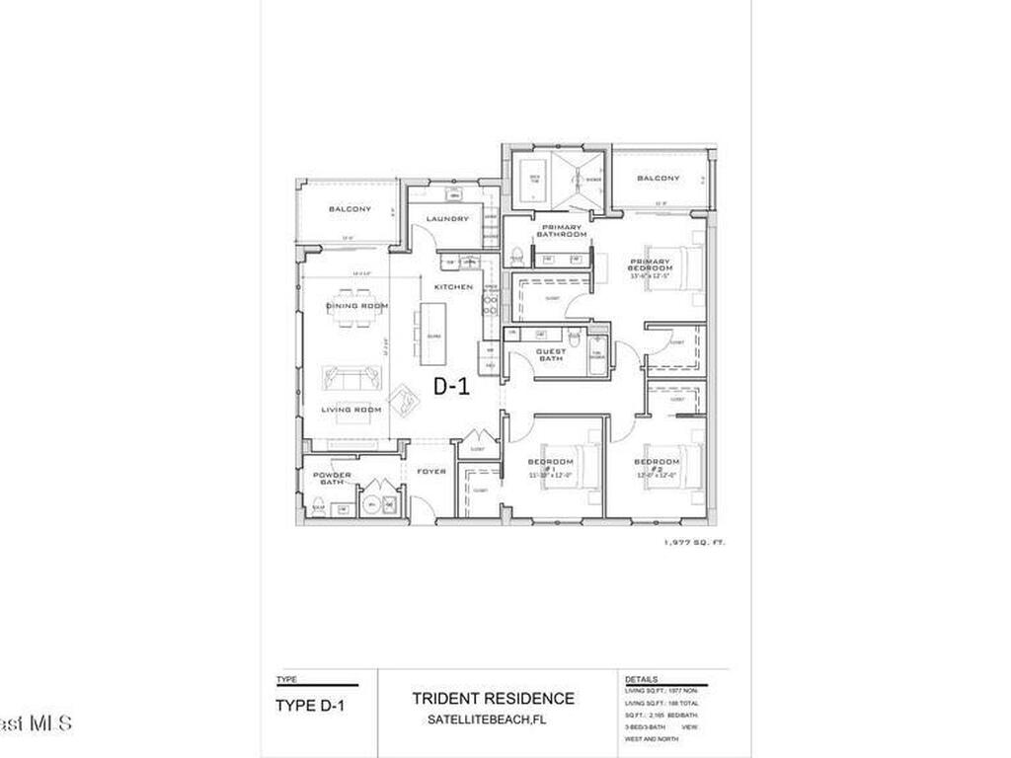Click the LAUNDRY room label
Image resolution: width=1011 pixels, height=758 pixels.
[447, 218]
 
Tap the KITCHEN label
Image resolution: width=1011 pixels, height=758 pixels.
[453, 286]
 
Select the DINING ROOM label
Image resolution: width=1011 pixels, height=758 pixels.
[356, 306]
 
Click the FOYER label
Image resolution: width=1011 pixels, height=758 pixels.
[430, 472]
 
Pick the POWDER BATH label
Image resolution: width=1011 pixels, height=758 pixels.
[332, 479]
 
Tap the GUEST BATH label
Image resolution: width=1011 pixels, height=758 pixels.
[550, 354]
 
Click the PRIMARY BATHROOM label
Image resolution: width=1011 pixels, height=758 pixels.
[561, 231]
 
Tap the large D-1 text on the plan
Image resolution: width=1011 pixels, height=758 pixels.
[450, 388]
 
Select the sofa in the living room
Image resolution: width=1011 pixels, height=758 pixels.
[350, 377]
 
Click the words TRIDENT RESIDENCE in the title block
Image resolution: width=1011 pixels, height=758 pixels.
[493, 699]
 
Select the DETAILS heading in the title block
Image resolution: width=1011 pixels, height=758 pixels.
[642, 680]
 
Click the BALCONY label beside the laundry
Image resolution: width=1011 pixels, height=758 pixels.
[350, 209]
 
